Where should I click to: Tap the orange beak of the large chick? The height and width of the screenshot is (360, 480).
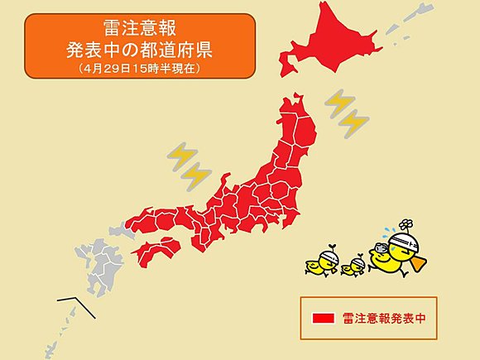click(421, 264)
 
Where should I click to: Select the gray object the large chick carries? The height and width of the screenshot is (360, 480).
click(382, 247)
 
